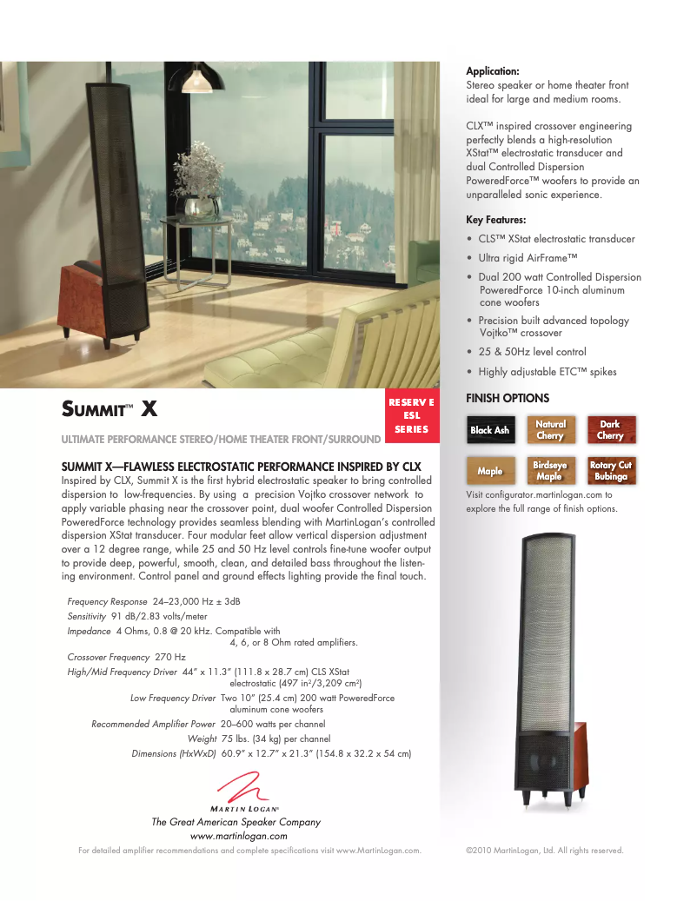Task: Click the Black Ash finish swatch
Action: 490,430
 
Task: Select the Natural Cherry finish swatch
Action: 550,430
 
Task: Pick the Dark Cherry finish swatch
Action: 611,430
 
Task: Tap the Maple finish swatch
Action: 490,471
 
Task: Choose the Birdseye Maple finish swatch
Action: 550,471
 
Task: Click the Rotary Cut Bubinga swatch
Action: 611,471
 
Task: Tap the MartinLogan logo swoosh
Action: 242,790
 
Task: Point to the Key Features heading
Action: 496,220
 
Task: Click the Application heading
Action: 493,71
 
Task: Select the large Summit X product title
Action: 110,408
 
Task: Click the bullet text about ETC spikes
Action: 547,372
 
